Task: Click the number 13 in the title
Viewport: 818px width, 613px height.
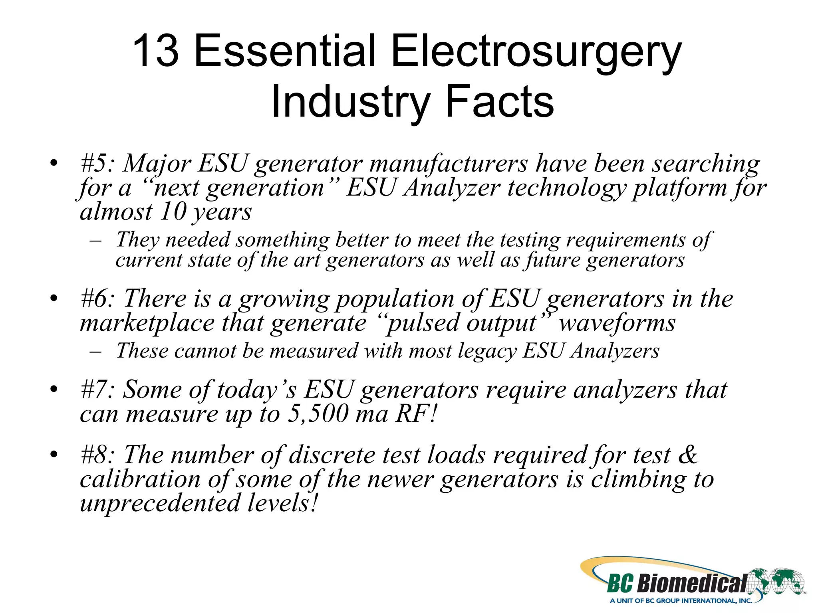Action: (156, 51)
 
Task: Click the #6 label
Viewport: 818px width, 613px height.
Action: (97, 299)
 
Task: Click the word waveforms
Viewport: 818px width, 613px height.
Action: (617, 322)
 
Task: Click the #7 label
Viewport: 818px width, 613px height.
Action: (97, 390)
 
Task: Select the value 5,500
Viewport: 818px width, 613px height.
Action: (318, 414)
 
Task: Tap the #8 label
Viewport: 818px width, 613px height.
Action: (97, 455)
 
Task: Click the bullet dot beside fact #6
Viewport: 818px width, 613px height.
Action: (54, 299)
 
